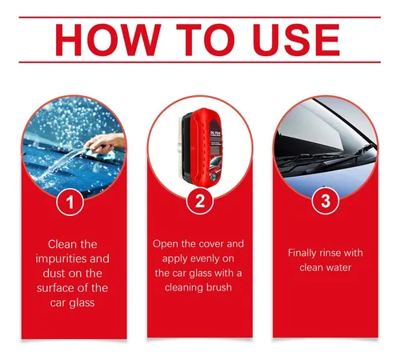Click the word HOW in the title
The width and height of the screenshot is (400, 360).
click(x=108, y=40)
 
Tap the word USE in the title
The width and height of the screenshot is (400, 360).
click(x=297, y=40)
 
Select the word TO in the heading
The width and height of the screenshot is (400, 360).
click(x=206, y=40)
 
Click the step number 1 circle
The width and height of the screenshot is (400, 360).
click(x=70, y=202)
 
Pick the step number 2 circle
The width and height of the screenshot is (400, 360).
click(x=200, y=201)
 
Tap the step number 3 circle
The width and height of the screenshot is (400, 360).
click(x=326, y=201)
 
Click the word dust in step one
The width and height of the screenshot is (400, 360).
click(x=54, y=274)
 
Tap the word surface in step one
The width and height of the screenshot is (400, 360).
click(x=56, y=288)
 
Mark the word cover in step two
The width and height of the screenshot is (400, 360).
click(x=210, y=244)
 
